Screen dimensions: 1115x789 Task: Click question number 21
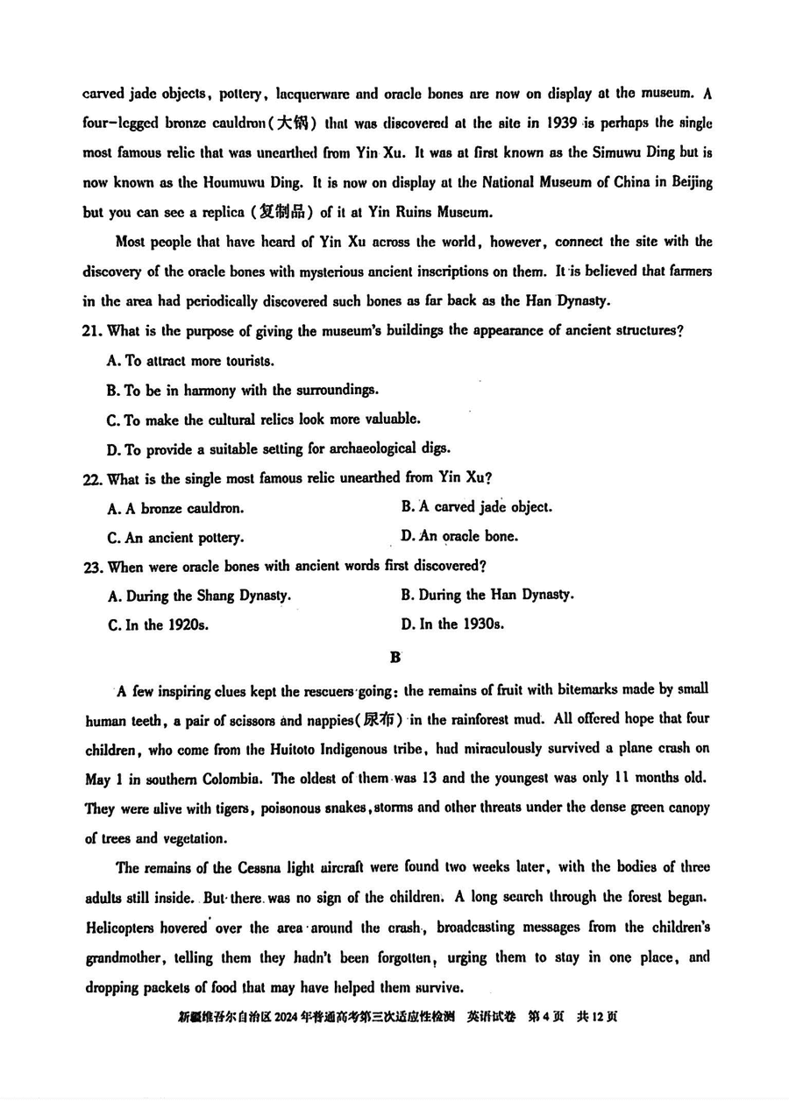[x=92, y=330]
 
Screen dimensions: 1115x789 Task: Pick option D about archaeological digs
[x=279, y=449]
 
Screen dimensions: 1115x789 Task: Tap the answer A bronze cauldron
[x=175, y=508]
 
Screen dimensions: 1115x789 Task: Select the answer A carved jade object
[x=477, y=506]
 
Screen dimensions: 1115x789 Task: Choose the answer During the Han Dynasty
[x=487, y=595]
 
